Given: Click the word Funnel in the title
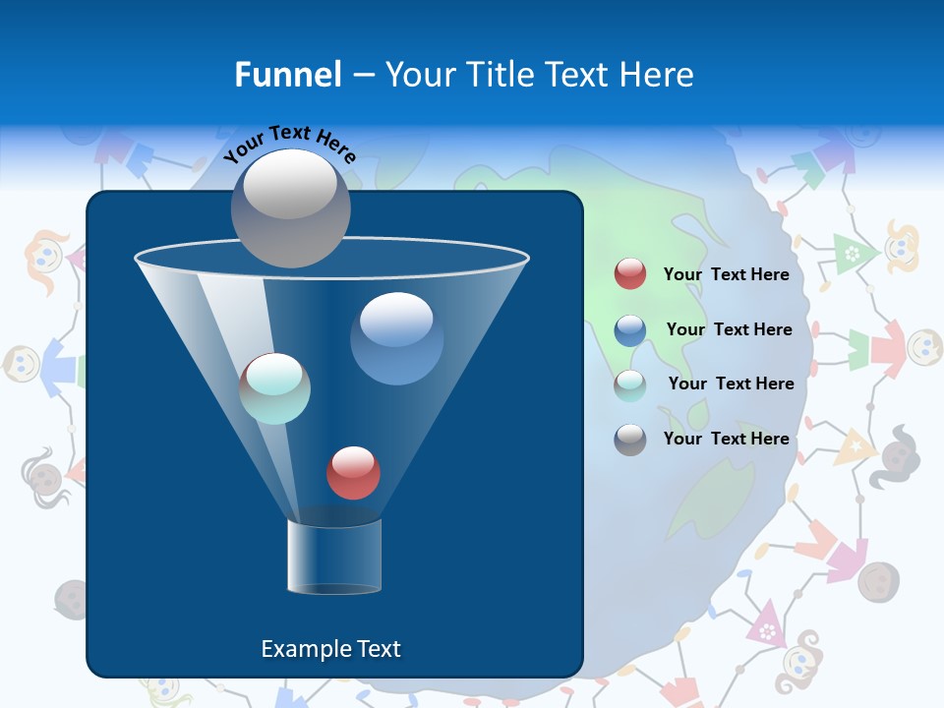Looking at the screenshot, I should [x=287, y=75].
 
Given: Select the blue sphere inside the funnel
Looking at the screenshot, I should [x=396, y=338].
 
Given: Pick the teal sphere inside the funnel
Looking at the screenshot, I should [x=274, y=388].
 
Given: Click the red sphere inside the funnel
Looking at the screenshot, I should [x=353, y=472].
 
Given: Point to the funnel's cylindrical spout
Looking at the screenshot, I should [x=333, y=557].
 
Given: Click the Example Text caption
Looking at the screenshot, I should [x=330, y=649].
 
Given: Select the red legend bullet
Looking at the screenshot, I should [x=630, y=274].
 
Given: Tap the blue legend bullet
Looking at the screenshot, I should [x=630, y=329].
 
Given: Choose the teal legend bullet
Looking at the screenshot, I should [x=630, y=384].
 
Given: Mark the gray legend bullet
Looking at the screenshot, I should [x=630, y=439].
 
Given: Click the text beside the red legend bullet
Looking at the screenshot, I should [x=726, y=274].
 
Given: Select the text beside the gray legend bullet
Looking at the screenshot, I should [x=726, y=439].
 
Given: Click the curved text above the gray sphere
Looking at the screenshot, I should [x=290, y=143].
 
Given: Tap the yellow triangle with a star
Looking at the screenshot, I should [x=854, y=448].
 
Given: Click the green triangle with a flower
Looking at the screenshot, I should [x=851, y=254].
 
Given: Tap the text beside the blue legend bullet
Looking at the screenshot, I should [x=729, y=329].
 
